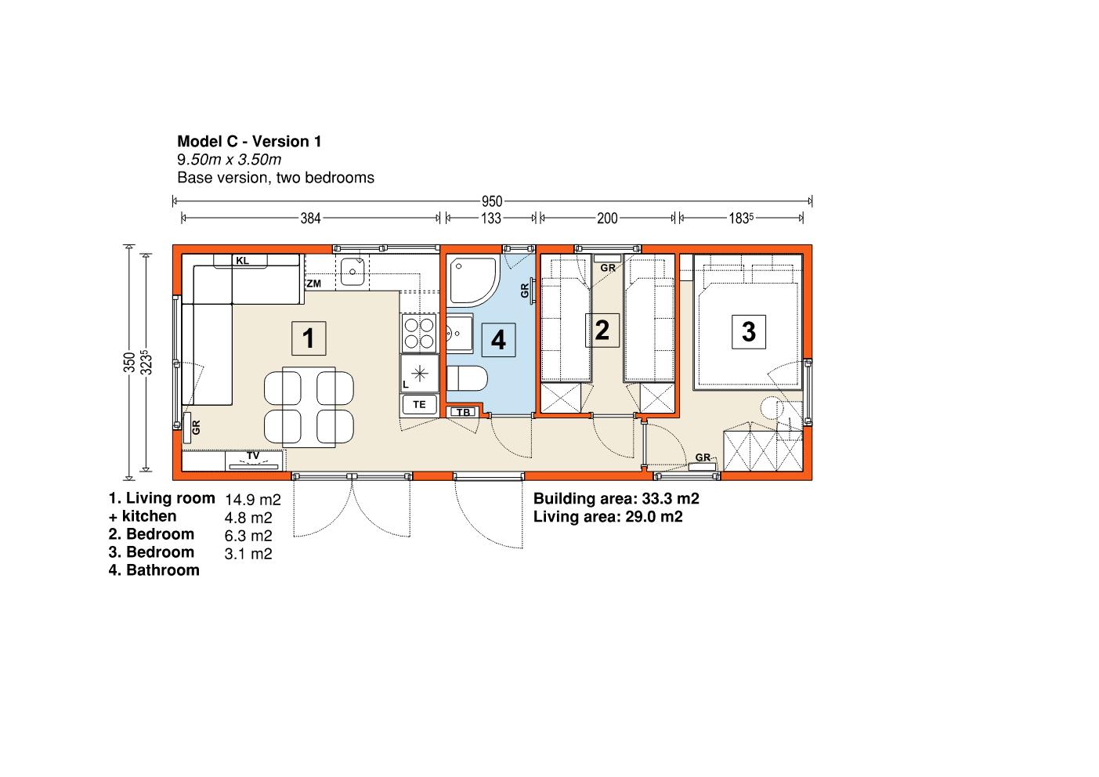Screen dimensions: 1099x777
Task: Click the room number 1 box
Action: point(309,338)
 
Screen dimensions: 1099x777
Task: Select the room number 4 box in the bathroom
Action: point(498,340)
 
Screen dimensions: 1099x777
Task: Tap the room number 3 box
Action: point(749,331)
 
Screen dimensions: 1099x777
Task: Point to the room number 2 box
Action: point(602,330)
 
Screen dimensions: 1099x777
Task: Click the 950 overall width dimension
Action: point(492,201)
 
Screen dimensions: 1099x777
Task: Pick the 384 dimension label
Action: point(310,219)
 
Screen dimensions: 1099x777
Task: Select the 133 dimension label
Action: point(491,219)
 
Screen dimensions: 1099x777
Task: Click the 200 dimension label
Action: point(607,219)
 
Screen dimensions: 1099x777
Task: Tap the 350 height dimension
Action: point(129,362)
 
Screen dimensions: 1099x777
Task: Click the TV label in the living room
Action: point(253,456)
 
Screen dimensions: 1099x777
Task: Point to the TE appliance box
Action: point(419,405)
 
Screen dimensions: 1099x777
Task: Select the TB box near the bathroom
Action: point(464,412)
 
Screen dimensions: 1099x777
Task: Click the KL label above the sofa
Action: point(242,261)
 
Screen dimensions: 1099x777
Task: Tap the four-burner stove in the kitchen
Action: point(419,333)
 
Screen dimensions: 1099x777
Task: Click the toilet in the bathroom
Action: point(467,378)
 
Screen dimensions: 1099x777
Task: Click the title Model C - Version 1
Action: point(249,142)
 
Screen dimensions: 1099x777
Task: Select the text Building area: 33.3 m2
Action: point(616,498)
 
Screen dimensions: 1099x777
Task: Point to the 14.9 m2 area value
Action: point(253,500)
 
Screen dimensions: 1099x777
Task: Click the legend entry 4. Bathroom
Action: point(154,570)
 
